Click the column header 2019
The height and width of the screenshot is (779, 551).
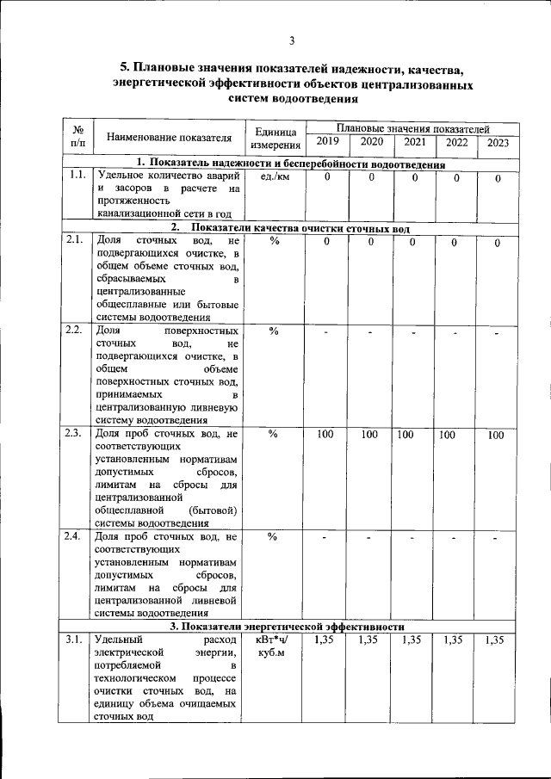(327, 142)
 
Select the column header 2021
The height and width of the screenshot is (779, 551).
(415, 142)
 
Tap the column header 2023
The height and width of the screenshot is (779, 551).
(498, 143)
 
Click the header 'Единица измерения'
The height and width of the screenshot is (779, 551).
(275, 139)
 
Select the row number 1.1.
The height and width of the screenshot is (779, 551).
(77, 176)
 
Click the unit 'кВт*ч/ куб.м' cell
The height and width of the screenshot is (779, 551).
(273, 647)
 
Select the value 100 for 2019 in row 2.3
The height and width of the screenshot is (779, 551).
(325, 435)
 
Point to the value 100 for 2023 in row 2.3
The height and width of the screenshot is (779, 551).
(496, 436)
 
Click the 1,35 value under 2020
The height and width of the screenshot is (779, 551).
(368, 640)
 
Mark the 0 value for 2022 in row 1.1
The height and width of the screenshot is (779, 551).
(456, 177)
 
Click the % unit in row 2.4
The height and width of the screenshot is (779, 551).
(273, 537)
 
